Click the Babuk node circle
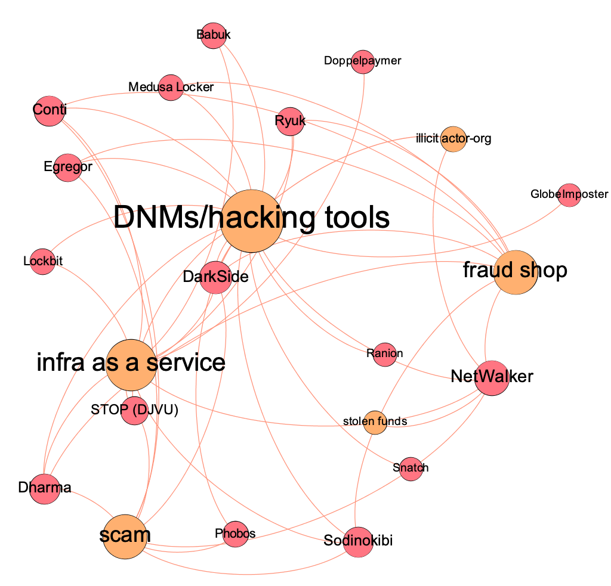214,35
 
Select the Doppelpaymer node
362,61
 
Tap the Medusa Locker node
171,88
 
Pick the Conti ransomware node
49,111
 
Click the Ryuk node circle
291,122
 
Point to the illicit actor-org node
453,139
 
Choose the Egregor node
67,167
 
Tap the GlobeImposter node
569,195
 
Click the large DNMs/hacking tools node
251,219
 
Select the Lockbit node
42,261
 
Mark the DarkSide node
215,277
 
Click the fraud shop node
515,272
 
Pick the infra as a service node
131,363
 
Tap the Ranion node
384,354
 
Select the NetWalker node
492,377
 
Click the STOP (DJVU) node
134,411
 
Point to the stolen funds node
375,422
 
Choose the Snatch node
411,469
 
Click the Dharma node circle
44,489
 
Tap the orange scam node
125,535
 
